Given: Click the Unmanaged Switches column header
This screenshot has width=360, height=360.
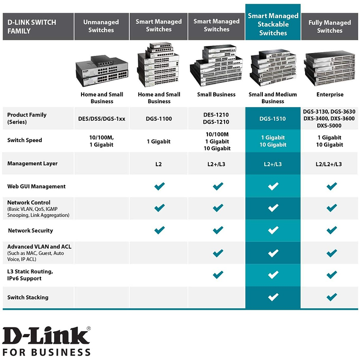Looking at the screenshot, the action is click(x=101, y=26).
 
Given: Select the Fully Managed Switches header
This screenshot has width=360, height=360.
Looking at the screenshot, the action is click(x=330, y=26).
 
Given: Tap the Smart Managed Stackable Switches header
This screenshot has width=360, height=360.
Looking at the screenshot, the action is click(x=273, y=22).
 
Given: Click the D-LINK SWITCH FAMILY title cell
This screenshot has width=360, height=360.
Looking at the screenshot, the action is click(x=38, y=26).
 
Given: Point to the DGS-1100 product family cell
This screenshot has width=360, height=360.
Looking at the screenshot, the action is click(x=159, y=119).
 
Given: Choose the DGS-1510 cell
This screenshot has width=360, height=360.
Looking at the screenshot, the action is click(x=272, y=119).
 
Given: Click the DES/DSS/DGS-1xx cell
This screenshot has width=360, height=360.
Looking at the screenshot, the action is click(x=102, y=119).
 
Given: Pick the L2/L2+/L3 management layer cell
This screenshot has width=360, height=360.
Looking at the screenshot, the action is click(x=329, y=164).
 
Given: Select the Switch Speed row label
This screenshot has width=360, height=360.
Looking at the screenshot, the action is click(x=25, y=140).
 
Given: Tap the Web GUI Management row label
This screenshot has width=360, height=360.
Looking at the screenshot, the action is click(x=36, y=186).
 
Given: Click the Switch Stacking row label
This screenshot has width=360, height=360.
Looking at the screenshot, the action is click(x=28, y=297).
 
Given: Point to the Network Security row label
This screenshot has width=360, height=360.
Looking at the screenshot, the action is click(x=30, y=231).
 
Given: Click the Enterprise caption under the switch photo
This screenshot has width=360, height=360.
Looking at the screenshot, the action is click(x=330, y=94).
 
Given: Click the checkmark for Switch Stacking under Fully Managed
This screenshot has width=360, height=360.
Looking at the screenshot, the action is click(x=332, y=297).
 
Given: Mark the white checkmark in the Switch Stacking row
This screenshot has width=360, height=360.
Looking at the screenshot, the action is click(x=273, y=297).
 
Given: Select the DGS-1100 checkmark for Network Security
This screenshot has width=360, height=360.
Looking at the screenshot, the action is click(x=159, y=230).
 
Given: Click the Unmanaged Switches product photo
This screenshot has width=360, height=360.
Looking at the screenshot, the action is click(x=102, y=71).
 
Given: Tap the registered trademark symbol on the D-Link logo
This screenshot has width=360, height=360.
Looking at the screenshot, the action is click(x=89, y=329).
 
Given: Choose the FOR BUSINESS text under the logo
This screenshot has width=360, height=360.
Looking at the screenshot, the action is click(x=46, y=352).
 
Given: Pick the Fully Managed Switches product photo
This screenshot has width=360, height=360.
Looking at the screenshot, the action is click(x=330, y=68).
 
